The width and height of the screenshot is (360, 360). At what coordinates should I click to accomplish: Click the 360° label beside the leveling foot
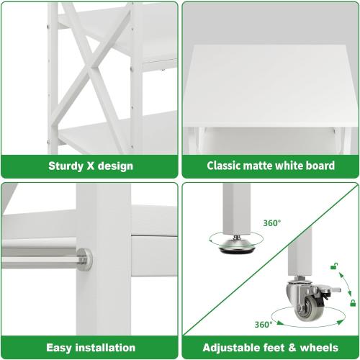273,222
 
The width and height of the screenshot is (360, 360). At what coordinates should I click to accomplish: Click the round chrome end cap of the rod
84,259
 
